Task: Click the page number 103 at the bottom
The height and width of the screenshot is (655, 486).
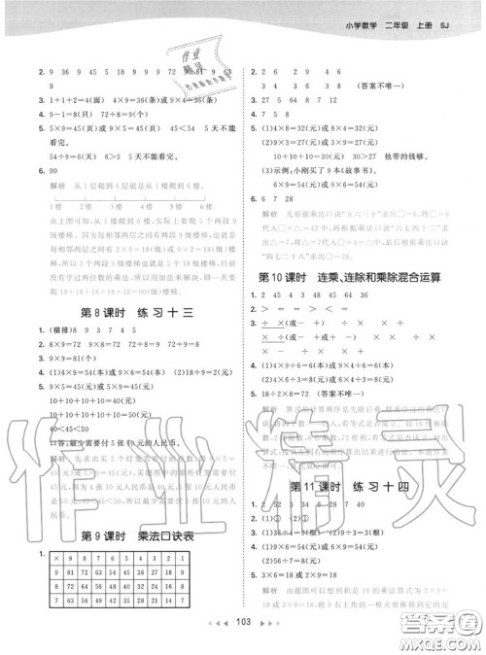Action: pos(243,644)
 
